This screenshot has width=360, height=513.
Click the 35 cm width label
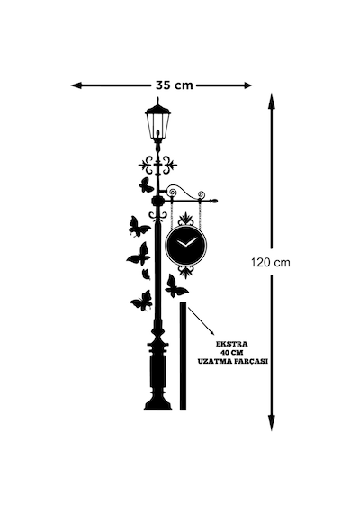tap(174, 85)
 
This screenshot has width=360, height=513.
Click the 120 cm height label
tap(271, 262)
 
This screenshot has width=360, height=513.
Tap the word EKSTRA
tap(231, 344)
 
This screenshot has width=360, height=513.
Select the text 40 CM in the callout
tap(232, 353)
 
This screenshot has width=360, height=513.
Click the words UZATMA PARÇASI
tap(233, 361)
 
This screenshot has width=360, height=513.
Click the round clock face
tap(186, 244)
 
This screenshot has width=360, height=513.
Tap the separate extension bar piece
tap(183, 356)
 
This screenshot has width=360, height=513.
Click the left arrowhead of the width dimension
tap(76, 85)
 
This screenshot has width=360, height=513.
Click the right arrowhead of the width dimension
tap(247, 85)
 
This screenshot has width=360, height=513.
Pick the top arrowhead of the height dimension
tap(271, 101)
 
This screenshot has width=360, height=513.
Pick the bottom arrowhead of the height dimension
tap(271, 423)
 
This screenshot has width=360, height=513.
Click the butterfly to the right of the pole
tap(176, 286)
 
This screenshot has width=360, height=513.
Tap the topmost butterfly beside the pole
tap(146, 184)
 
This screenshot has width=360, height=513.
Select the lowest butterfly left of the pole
tap(141, 301)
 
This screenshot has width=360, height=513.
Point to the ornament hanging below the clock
tap(186, 272)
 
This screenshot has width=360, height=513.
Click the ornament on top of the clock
tap(186, 218)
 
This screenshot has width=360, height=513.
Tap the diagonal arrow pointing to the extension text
tap(201, 320)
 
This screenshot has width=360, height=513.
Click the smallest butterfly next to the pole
tap(146, 274)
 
